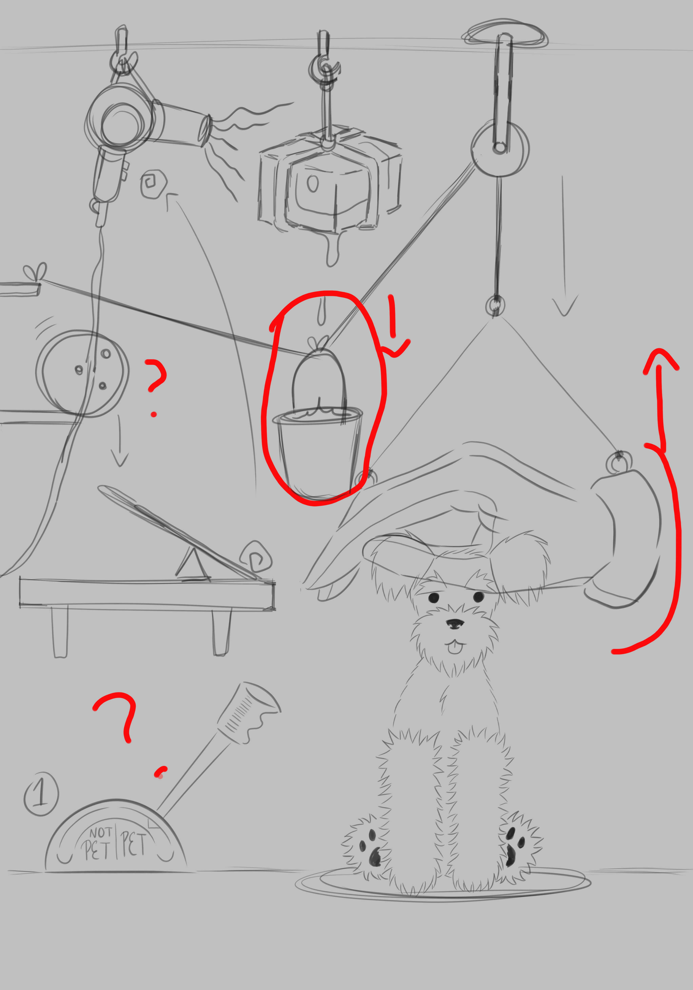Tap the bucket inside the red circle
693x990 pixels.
pos(318,453)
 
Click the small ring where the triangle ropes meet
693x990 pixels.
pos(495,307)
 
